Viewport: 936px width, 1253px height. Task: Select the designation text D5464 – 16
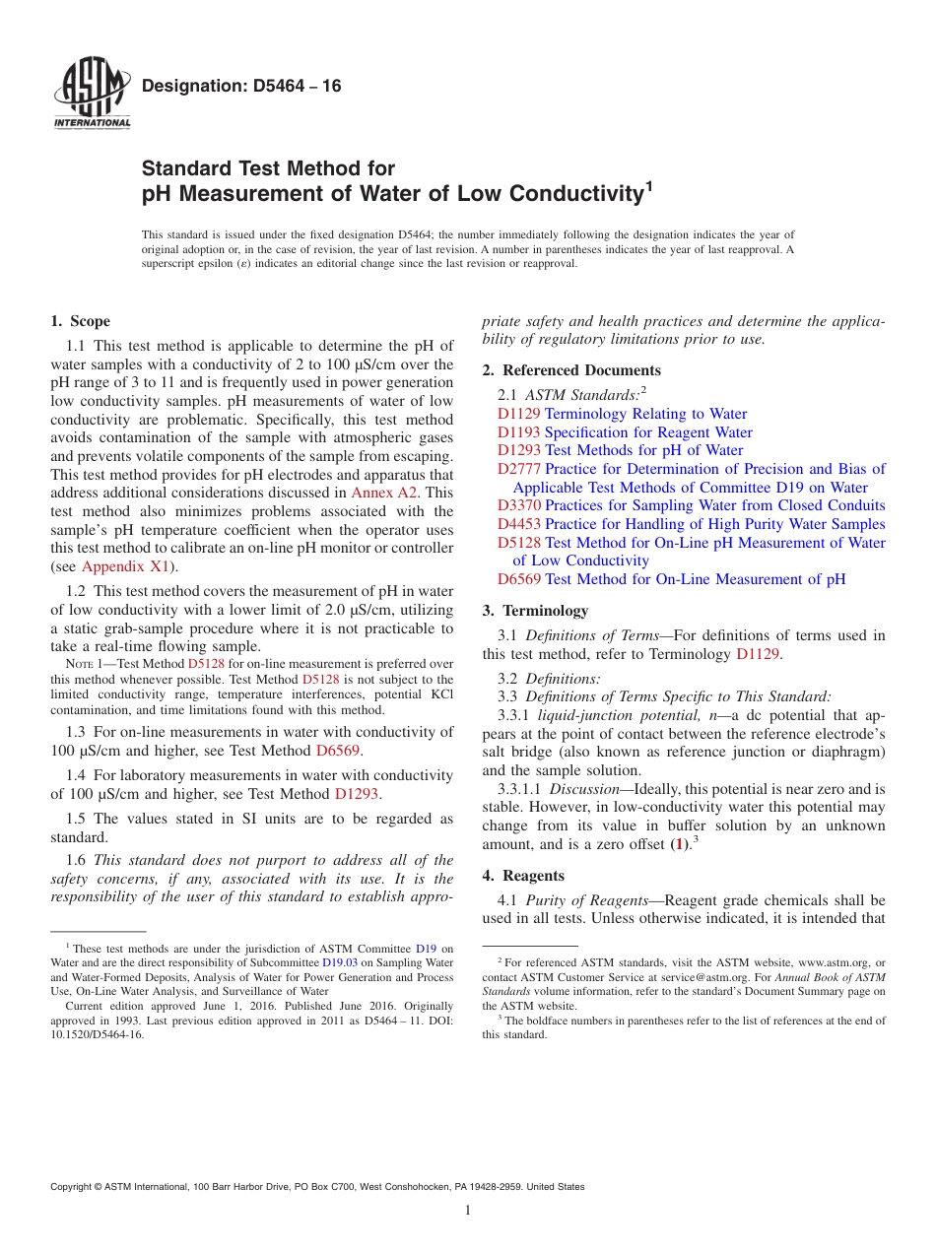click(241, 87)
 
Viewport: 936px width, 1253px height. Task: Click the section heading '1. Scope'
click(80, 321)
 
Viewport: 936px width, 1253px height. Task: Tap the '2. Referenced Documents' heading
click(571, 370)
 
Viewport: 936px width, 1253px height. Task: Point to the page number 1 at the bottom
click(468, 1211)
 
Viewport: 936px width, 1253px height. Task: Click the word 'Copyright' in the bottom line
click(75, 1187)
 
